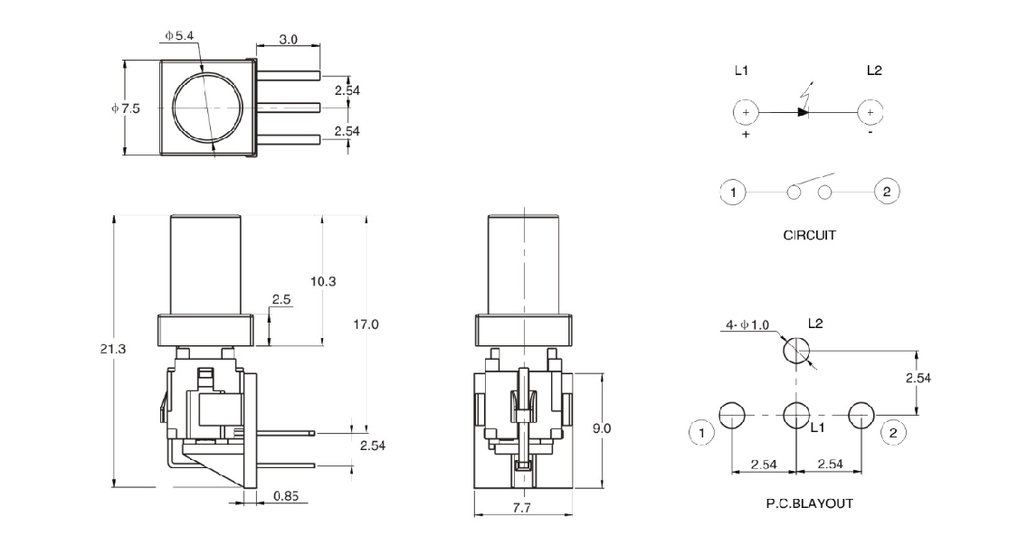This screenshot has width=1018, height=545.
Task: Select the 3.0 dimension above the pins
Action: pos(288,40)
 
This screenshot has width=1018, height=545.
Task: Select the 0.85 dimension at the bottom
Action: pos(284,496)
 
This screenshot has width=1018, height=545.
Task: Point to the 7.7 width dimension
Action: pos(523,509)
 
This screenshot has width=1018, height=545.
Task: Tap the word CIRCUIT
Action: pos(809,235)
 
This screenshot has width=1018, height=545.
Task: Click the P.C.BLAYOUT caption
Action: pos(808,503)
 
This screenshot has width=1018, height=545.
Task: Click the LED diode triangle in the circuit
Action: pos(802,112)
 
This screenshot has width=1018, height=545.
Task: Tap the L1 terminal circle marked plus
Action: pos(745,112)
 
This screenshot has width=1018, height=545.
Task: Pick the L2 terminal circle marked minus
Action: pos(870,112)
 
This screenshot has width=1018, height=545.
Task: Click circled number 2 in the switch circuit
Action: pos(887,192)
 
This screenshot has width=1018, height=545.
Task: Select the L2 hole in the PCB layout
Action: pos(795,352)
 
